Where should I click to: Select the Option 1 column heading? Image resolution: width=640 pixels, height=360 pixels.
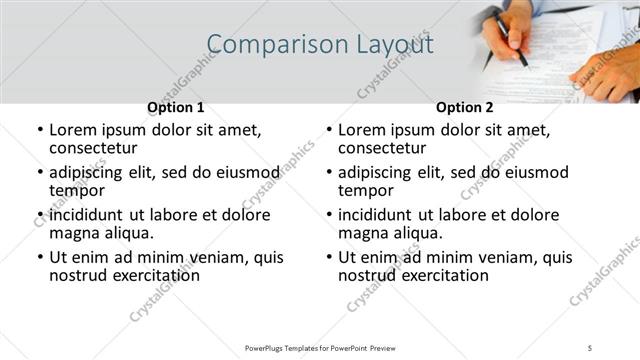click(x=175, y=107)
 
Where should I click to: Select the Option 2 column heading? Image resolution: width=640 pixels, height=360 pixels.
click(x=464, y=107)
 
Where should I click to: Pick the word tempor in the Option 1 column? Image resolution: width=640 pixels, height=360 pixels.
click(x=77, y=190)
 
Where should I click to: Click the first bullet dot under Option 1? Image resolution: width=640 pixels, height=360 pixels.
click(x=40, y=131)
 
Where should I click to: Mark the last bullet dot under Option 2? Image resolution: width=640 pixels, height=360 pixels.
click(x=329, y=257)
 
